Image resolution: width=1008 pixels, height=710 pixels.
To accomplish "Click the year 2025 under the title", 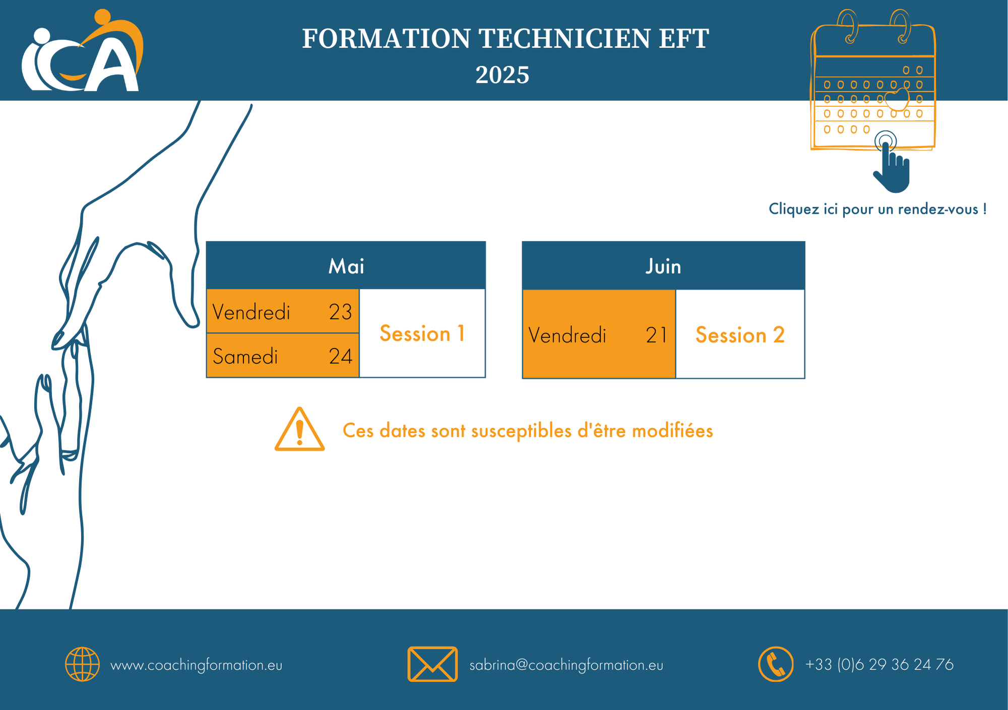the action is tap(502, 75).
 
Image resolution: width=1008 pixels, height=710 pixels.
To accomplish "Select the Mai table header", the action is tap(346, 266).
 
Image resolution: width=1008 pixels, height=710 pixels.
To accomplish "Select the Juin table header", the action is tap(663, 266).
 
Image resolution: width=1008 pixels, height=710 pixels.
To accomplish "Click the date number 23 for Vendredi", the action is tap(340, 312).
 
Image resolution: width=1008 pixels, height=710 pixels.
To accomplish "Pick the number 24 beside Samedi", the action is tap(340, 356).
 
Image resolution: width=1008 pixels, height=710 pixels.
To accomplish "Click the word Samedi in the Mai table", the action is tap(245, 356).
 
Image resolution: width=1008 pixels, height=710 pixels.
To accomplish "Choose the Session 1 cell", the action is tap(422, 333).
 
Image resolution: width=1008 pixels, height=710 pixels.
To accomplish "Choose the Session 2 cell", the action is tap(740, 334).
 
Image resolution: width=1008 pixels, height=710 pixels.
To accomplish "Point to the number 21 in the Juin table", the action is tap(656, 335).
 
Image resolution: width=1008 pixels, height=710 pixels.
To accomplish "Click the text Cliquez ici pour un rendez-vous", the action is tap(877, 209).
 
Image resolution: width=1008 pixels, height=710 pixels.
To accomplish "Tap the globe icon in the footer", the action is tap(83, 664).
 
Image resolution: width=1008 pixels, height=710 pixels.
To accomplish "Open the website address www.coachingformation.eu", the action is tap(196, 665).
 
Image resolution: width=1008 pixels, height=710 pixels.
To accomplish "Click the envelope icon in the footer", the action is tap(432, 664).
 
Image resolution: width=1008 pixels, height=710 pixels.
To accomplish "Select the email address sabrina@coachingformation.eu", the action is tap(566, 665).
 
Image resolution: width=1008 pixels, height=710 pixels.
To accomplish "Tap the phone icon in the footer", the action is tap(776, 664).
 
